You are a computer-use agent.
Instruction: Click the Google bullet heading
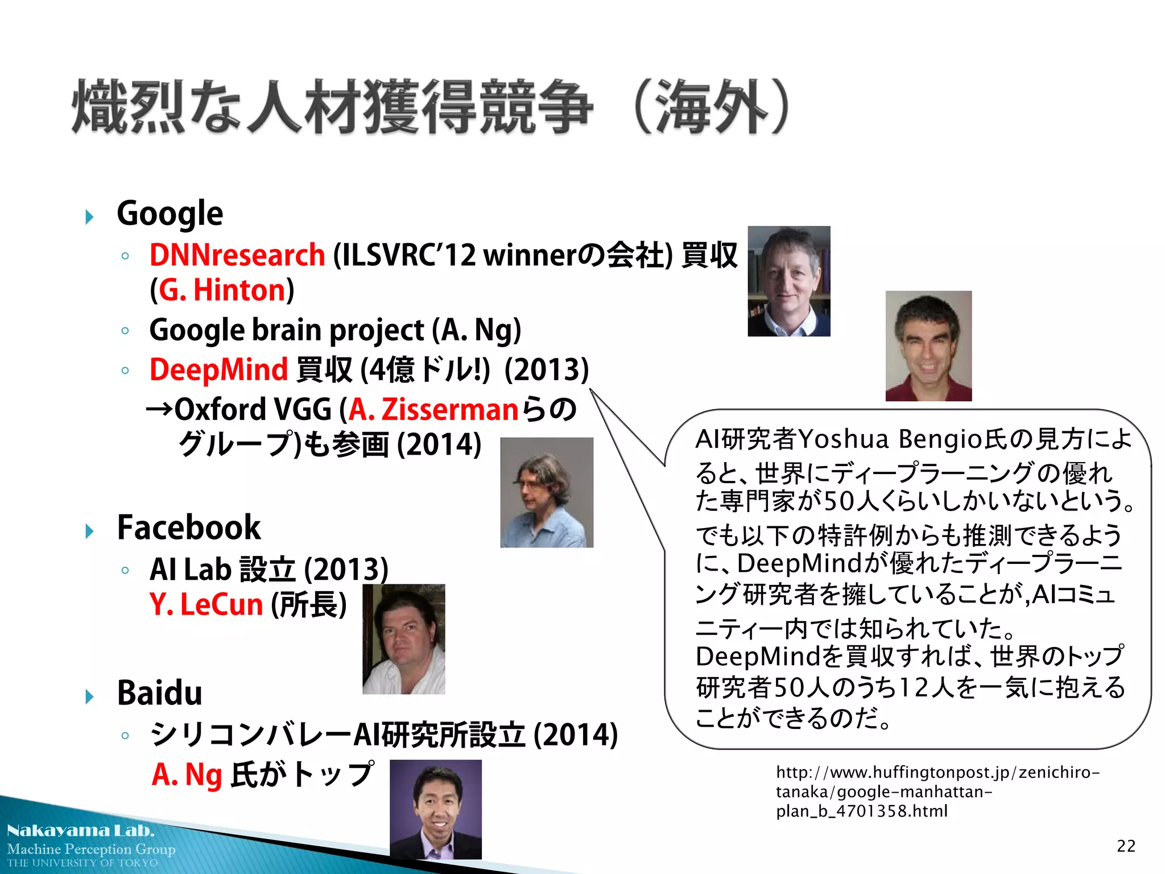tap(170, 214)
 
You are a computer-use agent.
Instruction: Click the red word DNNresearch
tap(237, 255)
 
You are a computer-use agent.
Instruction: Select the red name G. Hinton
tap(222, 291)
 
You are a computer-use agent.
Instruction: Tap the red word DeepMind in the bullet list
tap(218, 370)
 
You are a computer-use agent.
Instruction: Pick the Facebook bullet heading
tap(188, 528)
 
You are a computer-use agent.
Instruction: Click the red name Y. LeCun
tap(206, 604)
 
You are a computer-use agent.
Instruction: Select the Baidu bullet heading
tap(159, 693)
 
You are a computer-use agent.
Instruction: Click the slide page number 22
tap(1126, 846)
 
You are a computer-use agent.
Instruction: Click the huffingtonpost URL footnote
tap(937, 791)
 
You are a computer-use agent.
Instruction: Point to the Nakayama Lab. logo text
tap(80, 831)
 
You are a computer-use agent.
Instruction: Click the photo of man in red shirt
tap(928, 346)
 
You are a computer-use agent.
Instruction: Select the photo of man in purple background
tap(435, 809)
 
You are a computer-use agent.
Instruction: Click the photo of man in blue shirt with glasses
tap(547, 492)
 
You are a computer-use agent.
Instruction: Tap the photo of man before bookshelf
tap(788, 281)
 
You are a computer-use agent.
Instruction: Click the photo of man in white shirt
tap(403, 639)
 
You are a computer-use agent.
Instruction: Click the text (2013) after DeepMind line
tap(547, 370)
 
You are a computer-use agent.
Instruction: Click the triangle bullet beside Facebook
tap(89, 531)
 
